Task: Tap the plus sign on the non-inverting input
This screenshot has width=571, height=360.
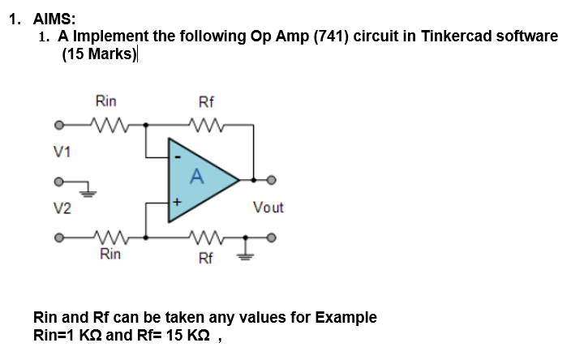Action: pos(172,200)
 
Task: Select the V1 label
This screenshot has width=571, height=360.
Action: pos(62,151)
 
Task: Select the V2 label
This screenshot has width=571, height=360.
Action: pos(62,208)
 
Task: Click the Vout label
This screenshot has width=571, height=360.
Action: pos(268,208)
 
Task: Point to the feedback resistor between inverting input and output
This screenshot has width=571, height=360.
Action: pos(206,125)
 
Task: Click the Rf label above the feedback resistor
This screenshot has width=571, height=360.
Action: pos(206,102)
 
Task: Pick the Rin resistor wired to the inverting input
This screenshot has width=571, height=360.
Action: pos(106,125)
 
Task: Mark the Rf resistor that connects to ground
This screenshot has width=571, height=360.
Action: pos(206,238)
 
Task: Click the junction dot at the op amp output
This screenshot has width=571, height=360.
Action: pos(254,179)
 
